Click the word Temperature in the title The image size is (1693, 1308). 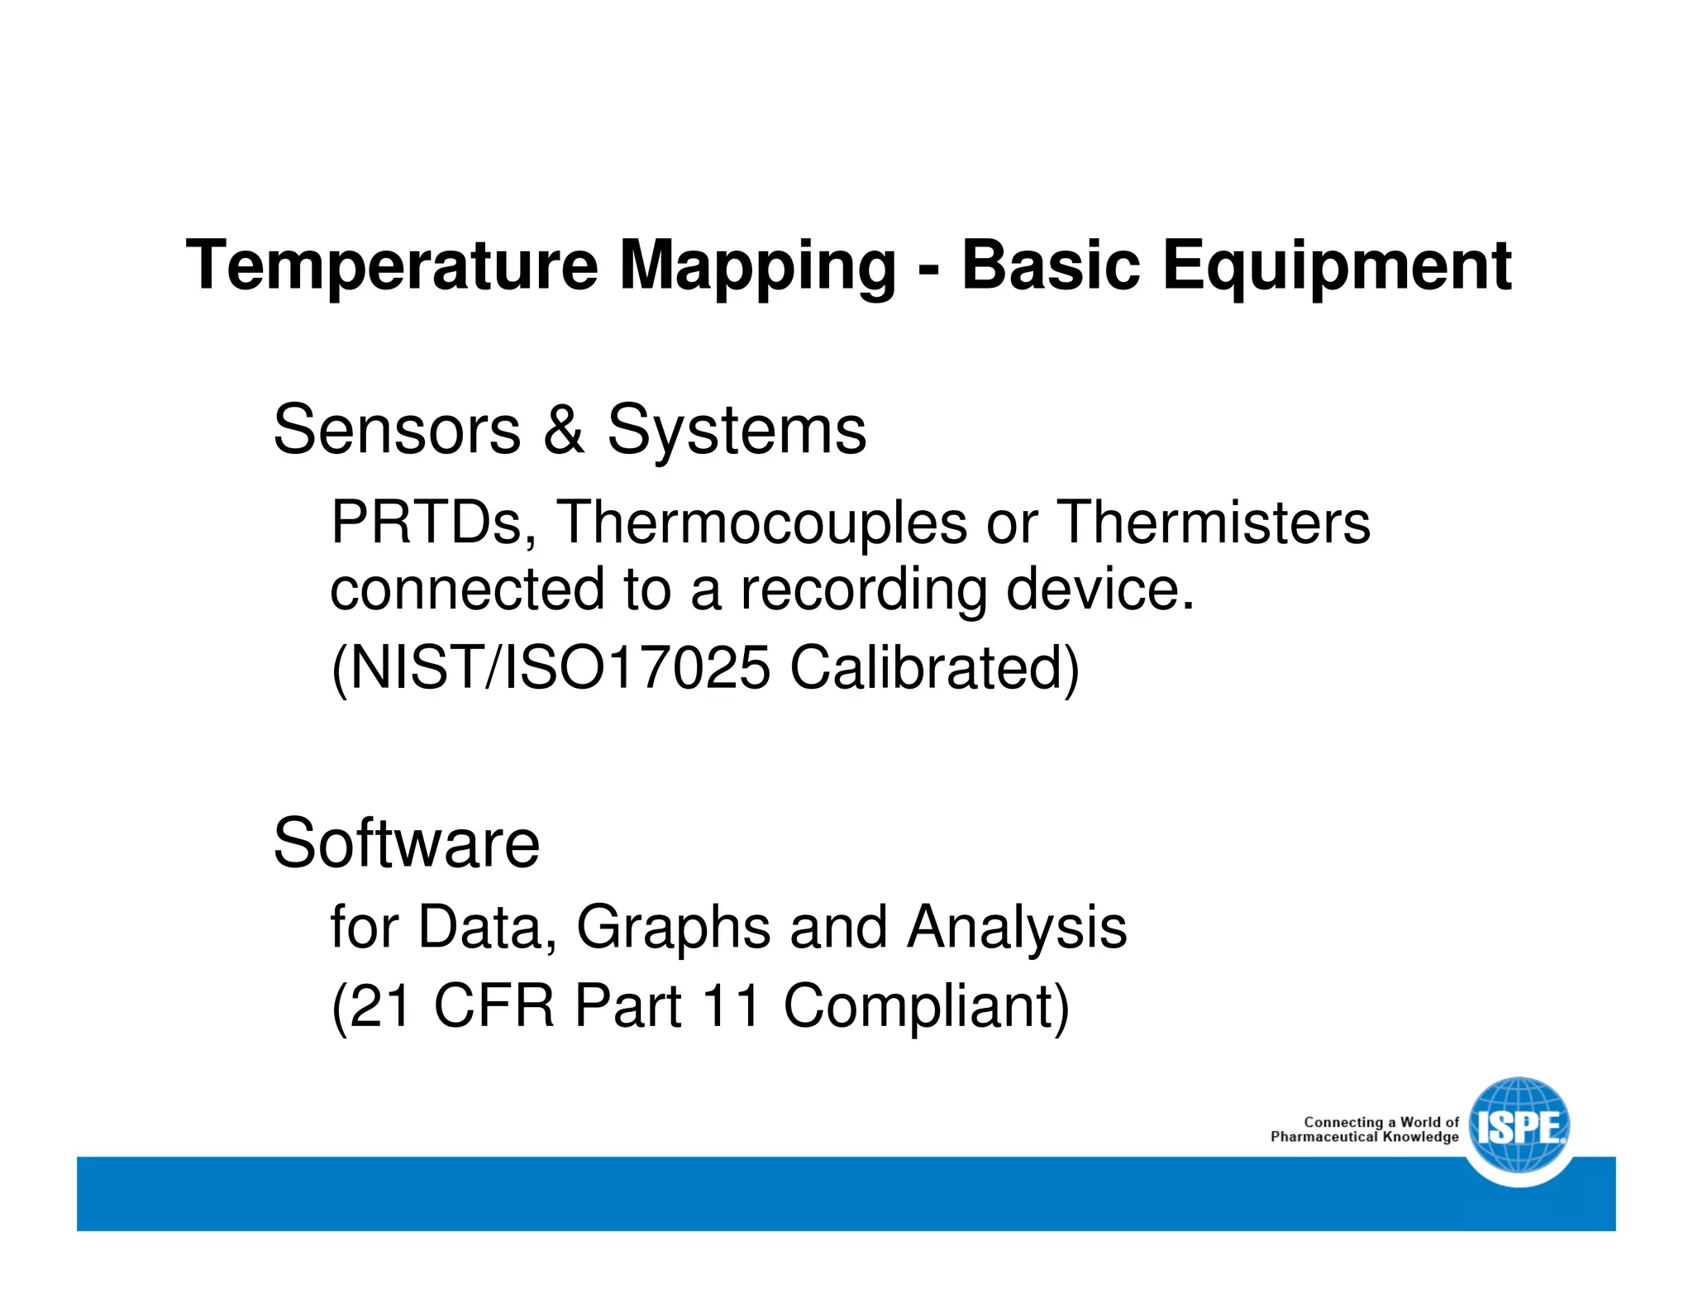pos(392,266)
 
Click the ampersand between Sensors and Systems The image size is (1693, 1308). pos(564,430)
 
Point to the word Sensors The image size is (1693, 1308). pos(397,430)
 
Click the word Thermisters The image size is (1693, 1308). pos(1214,523)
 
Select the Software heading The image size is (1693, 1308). pos(406,843)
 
